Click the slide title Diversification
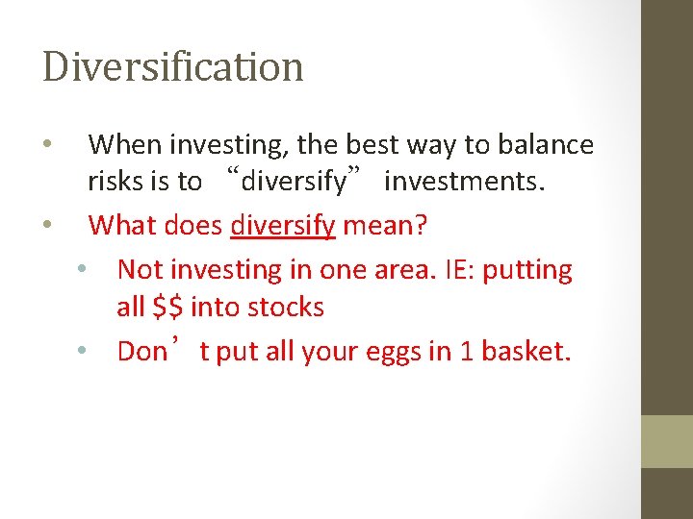tap(173, 66)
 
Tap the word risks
tap(115, 181)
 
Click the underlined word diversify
tap(283, 226)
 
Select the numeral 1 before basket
tap(465, 351)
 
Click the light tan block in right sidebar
tap(667, 441)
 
